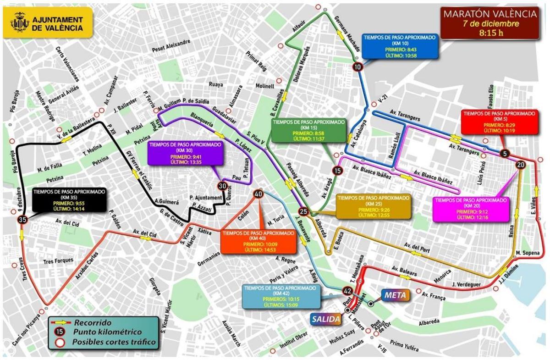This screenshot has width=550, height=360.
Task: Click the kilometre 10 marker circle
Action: pos(357,67)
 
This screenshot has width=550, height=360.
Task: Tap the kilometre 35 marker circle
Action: pos(21,221)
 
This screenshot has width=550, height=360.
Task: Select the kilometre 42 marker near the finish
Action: pos(346,290)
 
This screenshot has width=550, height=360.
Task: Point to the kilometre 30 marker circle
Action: pos(222,186)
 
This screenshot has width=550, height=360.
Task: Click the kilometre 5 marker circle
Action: pos(505,154)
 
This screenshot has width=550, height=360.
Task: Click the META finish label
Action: pos(396,295)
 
